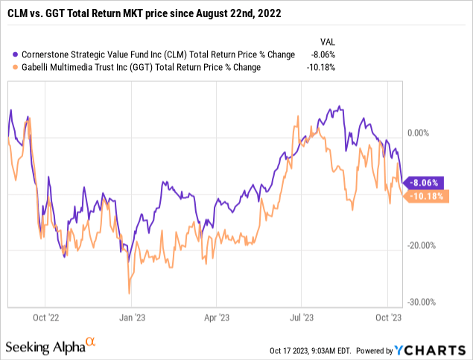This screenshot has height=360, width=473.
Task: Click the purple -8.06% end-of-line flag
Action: click(x=428, y=181)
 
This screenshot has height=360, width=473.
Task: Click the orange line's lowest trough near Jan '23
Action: click(x=130, y=293)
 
